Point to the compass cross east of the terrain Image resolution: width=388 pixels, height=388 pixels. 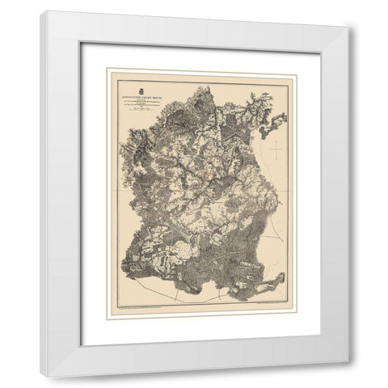(x=277, y=150)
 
